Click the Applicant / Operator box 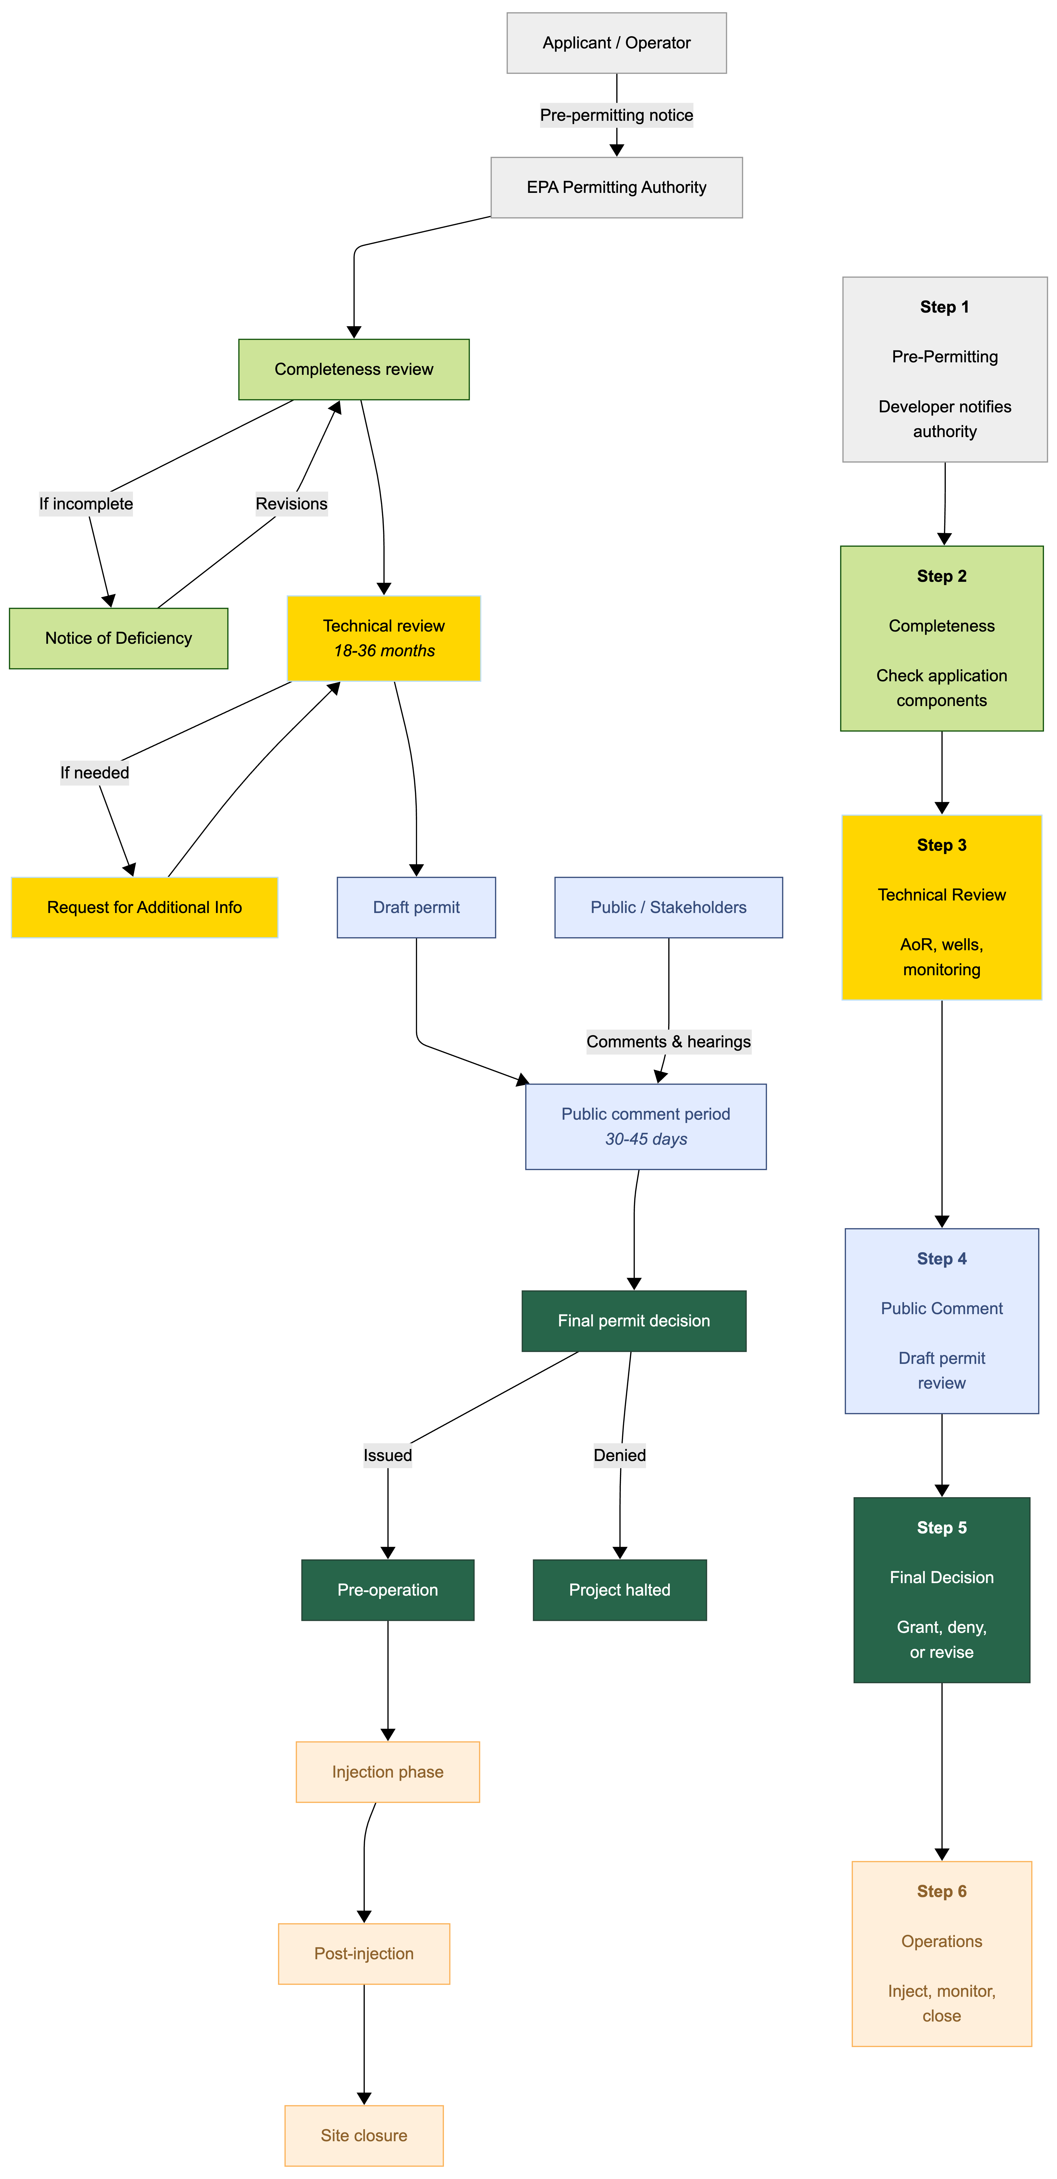[617, 43]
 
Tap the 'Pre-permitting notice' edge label [617, 115]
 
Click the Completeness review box [353, 370]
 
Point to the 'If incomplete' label [86, 504]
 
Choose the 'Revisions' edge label [292, 504]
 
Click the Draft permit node [416, 908]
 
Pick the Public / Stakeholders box [668, 908]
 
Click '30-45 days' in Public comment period [646, 1139]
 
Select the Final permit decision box [633, 1321]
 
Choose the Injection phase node [387, 1772]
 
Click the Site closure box [364, 2136]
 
